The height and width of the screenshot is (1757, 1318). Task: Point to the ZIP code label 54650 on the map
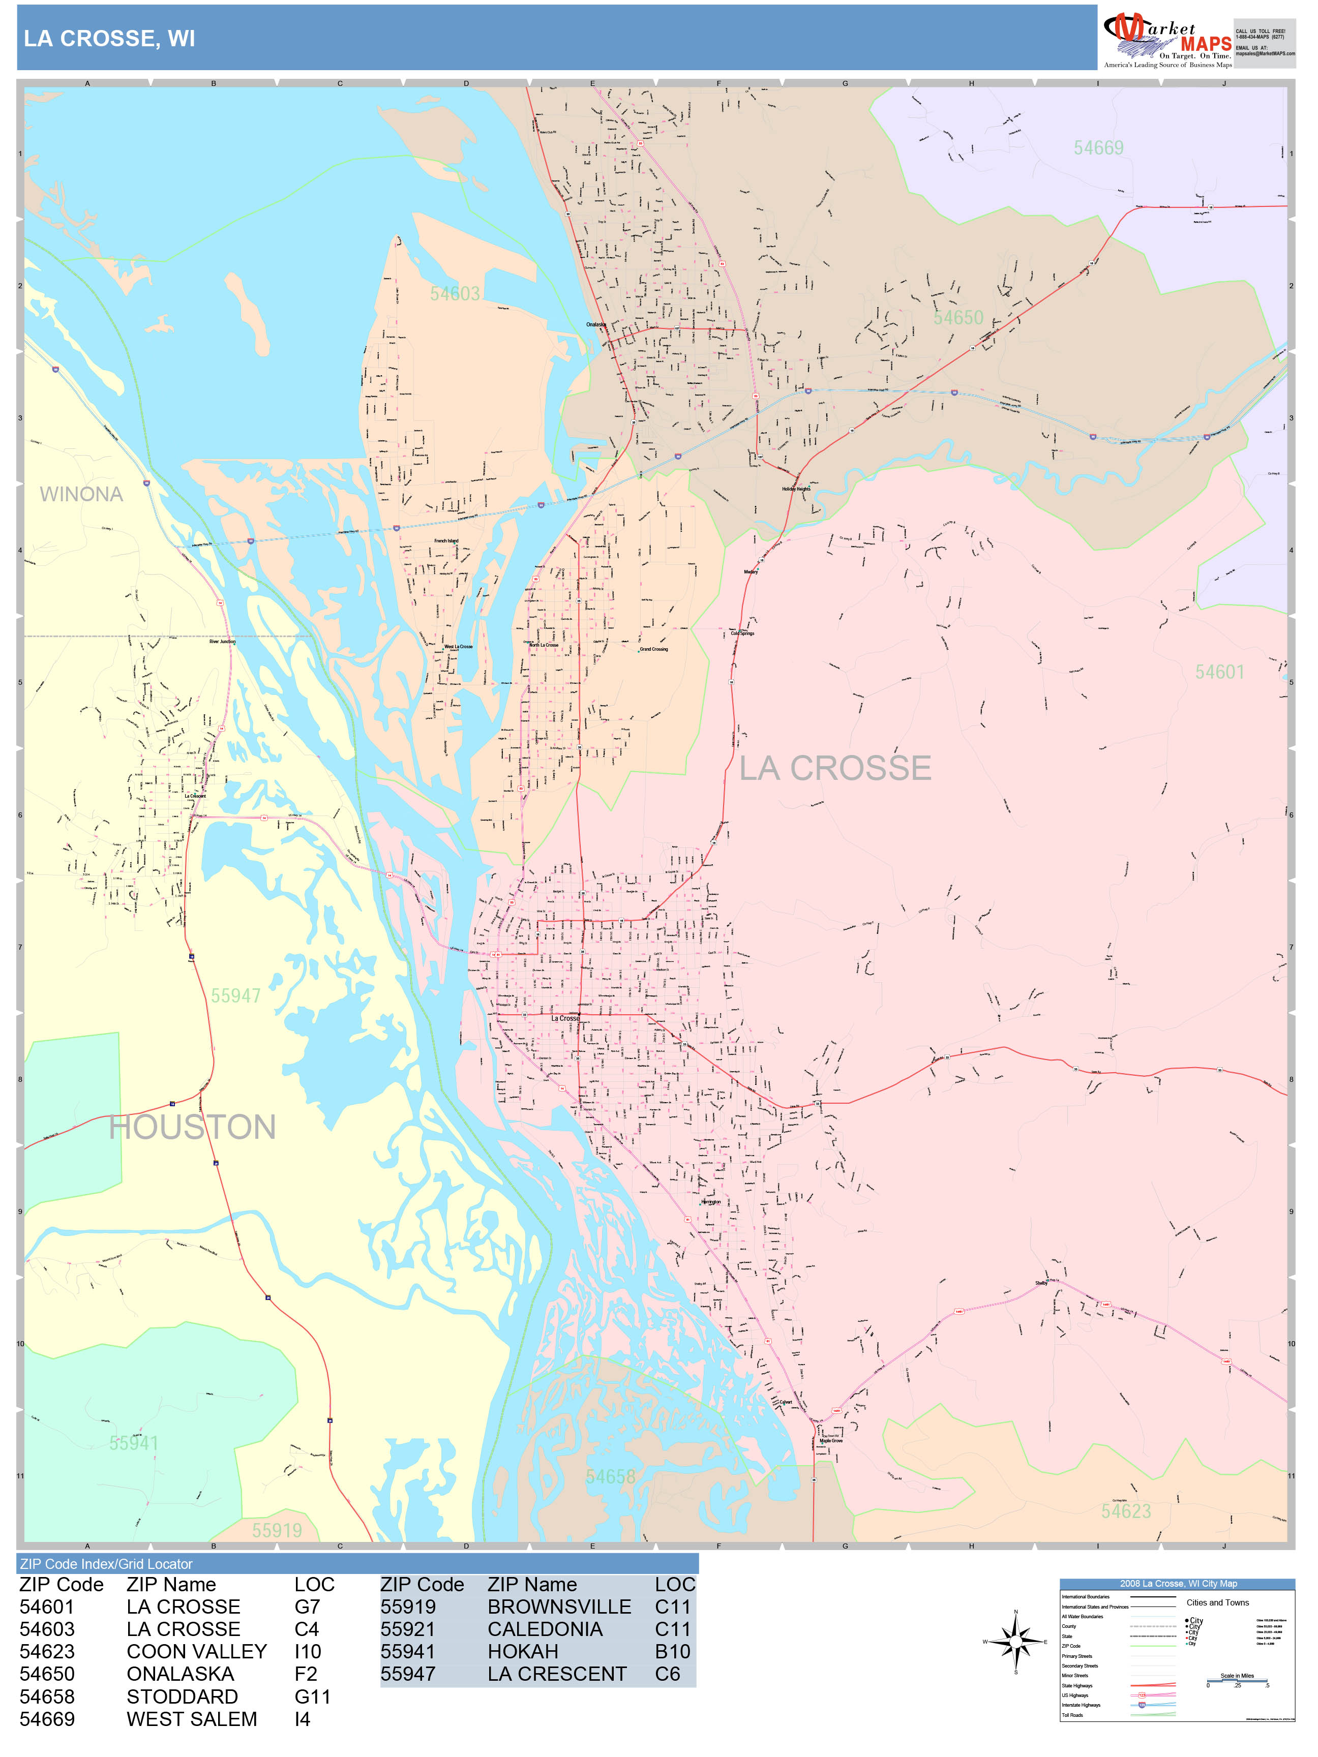tap(957, 318)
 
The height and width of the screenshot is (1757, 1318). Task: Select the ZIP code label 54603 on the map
tap(455, 294)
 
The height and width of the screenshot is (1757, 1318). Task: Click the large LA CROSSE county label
tap(834, 768)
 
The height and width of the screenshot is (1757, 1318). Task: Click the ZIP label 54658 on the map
tap(610, 1476)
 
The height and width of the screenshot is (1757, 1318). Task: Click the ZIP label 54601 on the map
tap(1219, 672)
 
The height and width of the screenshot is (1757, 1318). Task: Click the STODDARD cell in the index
tap(182, 1697)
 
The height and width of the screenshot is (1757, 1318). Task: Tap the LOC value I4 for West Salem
tap(302, 1719)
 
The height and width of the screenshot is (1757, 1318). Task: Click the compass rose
tap(1015, 1641)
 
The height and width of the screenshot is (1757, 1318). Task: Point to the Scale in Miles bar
tap(1237, 1682)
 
